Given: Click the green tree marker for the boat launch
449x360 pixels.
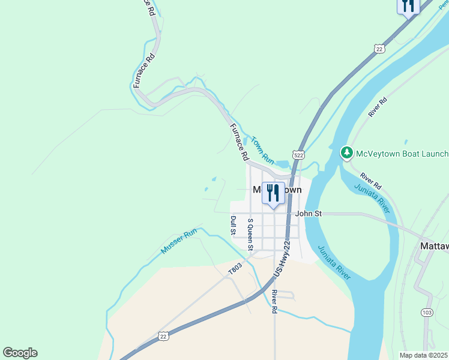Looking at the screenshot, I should (x=346, y=153).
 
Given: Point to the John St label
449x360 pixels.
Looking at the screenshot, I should (x=309, y=213).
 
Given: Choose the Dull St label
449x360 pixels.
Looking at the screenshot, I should (x=234, y=226).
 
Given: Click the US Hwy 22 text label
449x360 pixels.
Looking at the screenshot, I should (x=282, y=258).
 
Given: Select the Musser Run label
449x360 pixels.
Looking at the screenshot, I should (x=179, y=241).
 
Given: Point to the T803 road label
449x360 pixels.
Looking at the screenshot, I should (x=235, y=269).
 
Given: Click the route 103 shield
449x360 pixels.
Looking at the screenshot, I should (x=427, y=313).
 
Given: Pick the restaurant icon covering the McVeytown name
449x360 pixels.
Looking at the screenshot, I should (x=273, y=193).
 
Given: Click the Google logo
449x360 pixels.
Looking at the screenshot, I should (x=20, y=353).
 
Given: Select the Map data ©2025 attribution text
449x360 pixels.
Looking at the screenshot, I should (x=423, y=355).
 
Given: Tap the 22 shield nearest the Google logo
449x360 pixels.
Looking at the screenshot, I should (x=163, y=336).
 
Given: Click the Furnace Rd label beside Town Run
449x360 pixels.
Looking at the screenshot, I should (x=239, y=142).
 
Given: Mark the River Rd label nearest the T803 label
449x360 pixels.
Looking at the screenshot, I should (x=274, y=302).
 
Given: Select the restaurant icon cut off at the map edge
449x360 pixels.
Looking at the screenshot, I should (x=408, y=6).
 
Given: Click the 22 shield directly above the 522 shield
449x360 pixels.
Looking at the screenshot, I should (x=378, y=49).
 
